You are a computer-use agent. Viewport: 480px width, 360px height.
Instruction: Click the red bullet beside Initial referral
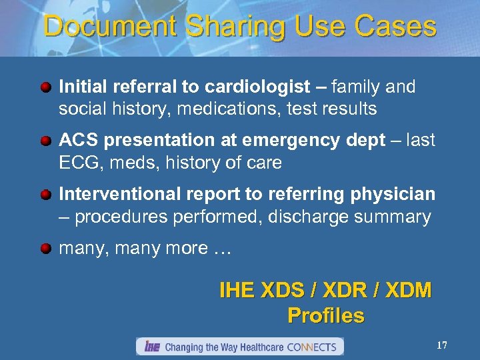click(45, 87)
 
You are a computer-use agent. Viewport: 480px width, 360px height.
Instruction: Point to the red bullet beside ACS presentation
click(45, 141)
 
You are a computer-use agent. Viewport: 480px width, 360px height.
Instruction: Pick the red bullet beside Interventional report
click(45, 195)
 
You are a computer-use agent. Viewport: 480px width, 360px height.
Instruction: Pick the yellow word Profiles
click(326, 315)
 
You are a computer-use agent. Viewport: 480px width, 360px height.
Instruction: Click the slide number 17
click(441, 345)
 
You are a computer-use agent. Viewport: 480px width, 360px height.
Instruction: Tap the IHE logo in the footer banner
click(151, 347)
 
